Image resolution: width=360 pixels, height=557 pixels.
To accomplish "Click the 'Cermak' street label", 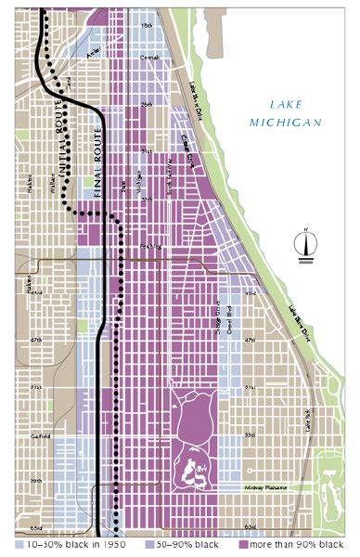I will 149,58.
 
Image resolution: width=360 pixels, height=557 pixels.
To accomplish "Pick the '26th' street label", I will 146,104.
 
